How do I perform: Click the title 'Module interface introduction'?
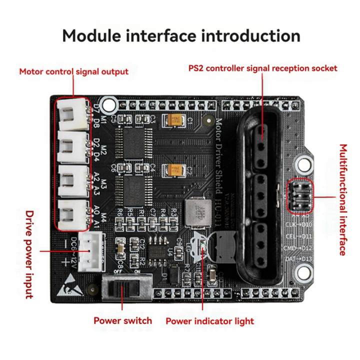tap(181, 36)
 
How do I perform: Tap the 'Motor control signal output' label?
tap(73, 71)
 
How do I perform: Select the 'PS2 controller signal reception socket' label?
tap(262, 68)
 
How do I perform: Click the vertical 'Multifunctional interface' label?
tap(343, 199)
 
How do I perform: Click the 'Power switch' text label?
tap(122, 320)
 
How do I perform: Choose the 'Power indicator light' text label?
tap(210, 321)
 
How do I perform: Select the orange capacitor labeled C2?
tap(175, 170)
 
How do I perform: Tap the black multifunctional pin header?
tap(299, 195)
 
